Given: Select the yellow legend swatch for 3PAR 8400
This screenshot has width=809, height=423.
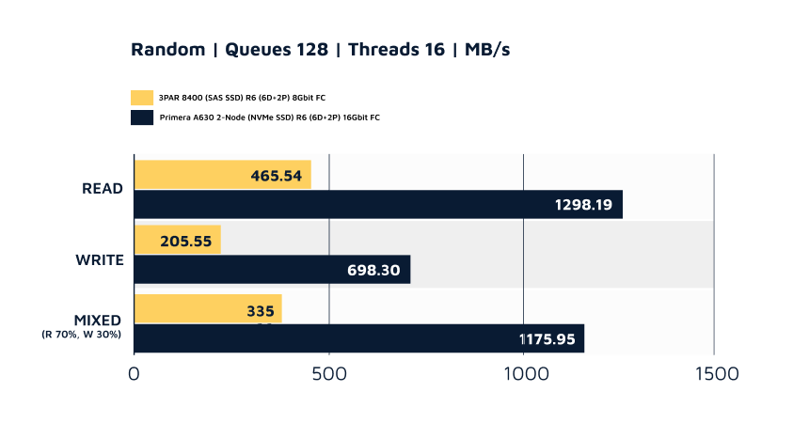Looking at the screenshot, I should coord(142,97).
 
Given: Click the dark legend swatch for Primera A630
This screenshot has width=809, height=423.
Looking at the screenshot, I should coord(142,117).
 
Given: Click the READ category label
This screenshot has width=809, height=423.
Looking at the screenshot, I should coord(103,188).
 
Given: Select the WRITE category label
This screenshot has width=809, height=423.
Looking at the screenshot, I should coord(100,258).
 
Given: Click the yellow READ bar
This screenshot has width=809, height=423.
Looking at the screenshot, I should coord(222,174).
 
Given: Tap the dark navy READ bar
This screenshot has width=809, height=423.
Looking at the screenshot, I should coord(377,204).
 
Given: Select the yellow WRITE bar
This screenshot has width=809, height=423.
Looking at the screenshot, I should coord(177,240).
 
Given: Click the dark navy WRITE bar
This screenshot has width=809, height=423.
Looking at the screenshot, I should coord(272,270).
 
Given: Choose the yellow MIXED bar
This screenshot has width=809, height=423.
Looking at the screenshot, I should coord(208,309).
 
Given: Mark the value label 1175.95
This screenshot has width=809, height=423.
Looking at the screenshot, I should coord(547,338).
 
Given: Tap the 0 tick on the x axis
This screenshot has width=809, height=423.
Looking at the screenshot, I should coord(135,373).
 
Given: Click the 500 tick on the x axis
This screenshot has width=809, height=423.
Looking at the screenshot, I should coord(329,373).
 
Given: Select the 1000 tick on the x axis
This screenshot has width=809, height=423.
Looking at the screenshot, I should coord(524,373).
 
